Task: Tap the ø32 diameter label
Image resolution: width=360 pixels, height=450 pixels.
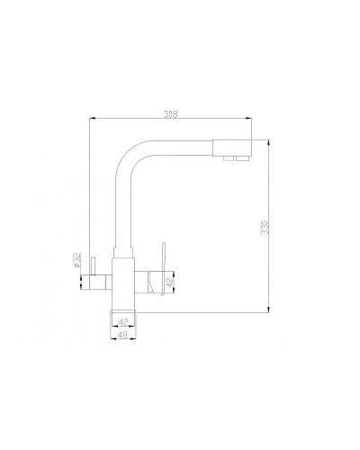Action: pyautogui.click(x=80, y=263)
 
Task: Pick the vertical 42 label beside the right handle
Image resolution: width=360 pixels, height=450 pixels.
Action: pyautogui.click(x=171, y=282)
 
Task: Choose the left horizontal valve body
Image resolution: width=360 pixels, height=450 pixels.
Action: pyautogui.click(x=101, y=280)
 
